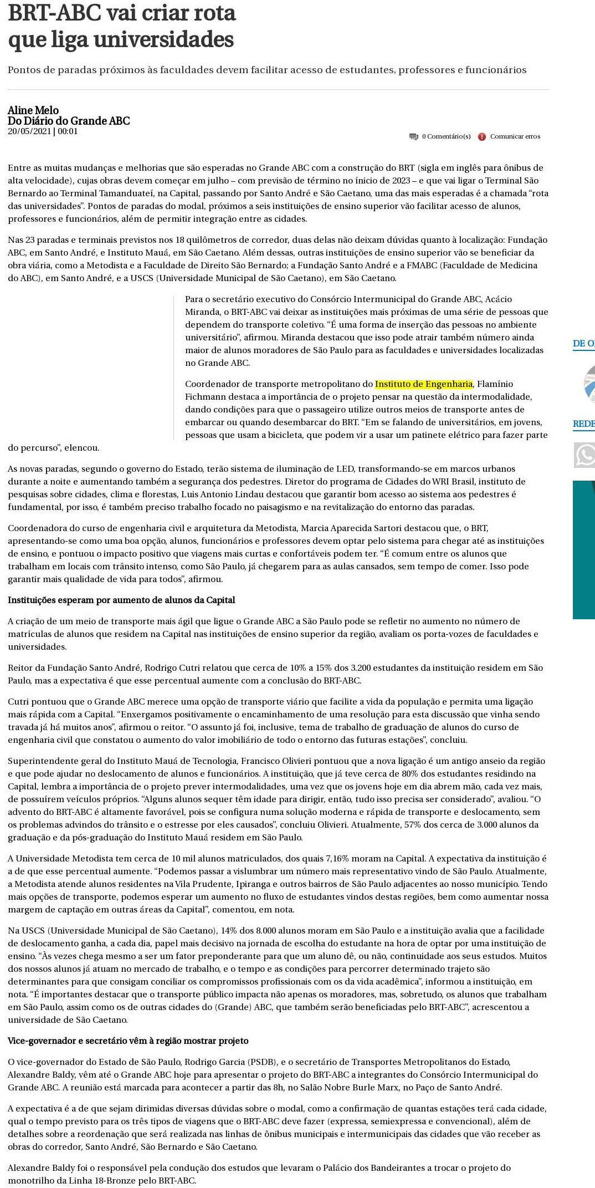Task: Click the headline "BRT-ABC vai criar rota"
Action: [122, 13]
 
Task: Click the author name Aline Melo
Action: [33, 110]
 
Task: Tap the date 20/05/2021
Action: [29, 131]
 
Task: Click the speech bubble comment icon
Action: [413, 137]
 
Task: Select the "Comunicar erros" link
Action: [515, 136]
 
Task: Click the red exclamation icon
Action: [482, 137]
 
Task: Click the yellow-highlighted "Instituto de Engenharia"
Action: [424, 384]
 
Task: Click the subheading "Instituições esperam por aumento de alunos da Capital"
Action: [121, 600]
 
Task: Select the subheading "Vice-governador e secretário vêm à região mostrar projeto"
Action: [128, 1041]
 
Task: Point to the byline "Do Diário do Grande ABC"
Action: [69, 121]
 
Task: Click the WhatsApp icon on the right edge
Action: [585, 455]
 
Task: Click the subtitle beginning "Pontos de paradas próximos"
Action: [267, 70]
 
